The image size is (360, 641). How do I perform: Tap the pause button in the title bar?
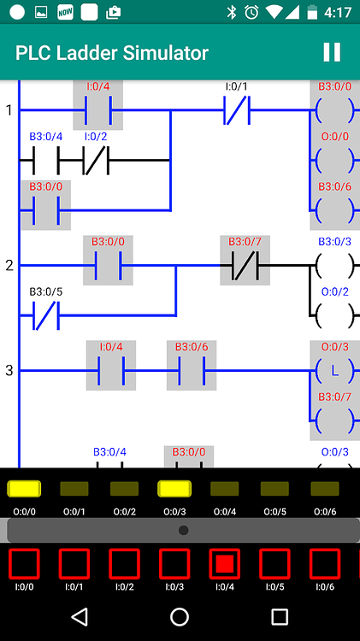[332, 52]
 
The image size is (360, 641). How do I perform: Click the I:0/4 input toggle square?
[224, 563]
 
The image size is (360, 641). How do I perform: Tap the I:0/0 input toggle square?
[23, 563]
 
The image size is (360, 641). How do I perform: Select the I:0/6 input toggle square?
[324, 563]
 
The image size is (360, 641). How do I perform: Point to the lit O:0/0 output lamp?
[24, 489]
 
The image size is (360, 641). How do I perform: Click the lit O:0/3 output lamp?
[174, 489]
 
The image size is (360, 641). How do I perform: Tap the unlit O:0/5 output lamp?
[274, 489]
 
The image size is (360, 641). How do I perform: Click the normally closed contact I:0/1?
[237, 110]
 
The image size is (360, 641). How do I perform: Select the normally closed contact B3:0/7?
[245, 265]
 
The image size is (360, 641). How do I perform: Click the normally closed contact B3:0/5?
[45, 315]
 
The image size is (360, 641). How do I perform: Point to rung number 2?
[9, 265]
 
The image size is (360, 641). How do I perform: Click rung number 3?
[9, 370]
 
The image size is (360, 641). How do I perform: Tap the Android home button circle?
[180, 616]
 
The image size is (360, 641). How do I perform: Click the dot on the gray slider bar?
[183, 530]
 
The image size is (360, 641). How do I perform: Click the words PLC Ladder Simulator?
[112, 53]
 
